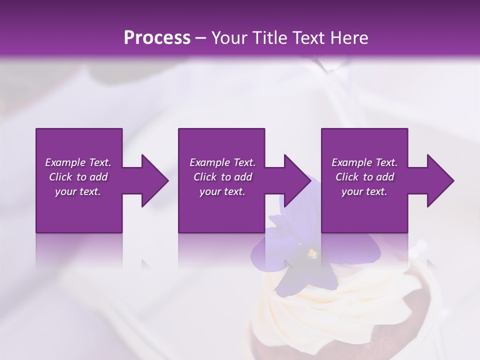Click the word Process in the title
pos(157,38)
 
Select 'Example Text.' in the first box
pos(78,162)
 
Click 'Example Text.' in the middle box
pos(222,162)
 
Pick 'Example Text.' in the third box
pos(364,162)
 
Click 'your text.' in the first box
pos(78,191)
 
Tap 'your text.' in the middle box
pos(222,191)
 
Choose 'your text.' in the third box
pos(364,191)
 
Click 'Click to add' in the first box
pos(78,177)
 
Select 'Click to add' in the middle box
pos(222,177)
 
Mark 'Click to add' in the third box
pos(364,177)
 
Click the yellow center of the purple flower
pos(312,254)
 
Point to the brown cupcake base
pos(280,345)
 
